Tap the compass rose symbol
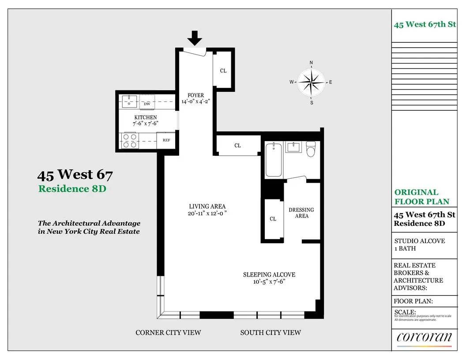pyautogui.click(x=311, y=82)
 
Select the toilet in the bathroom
pyautogui.click(x=312, y=149)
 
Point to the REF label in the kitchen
pyautogui.click(x=166, y=140)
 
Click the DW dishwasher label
pyautogui.click(x=147, y=104)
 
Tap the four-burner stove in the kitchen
pyautogui.click(x=130, y=141)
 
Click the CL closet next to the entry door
pyautogui.click(x=223, y=71)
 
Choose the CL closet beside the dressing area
pyautogui.click(x=273, y=219)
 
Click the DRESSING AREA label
pyautogui.click(x=301, y=213)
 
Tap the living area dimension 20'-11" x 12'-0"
pyautogui.click(x=207, y=214)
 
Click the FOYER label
pyautogui.click(x=195, y=95)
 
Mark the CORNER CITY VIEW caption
pyautogui.click(x=168, y=332)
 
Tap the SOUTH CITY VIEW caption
pyautogui.click(x=271, y=332)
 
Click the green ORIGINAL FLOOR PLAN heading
pyautogui.click(x=422, y=197)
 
